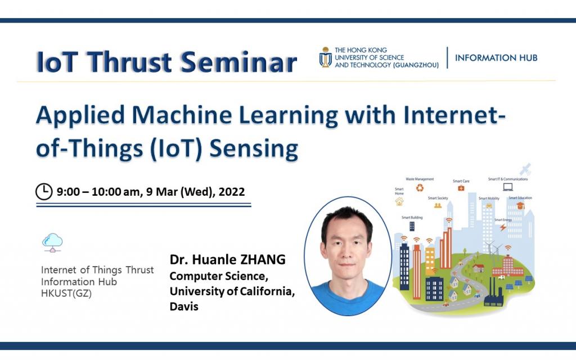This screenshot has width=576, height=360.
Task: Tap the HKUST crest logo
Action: (x=325, y=57)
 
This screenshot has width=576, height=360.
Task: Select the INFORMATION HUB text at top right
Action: (x=496, y=57)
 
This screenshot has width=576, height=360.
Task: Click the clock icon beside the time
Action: (x=44, y=192)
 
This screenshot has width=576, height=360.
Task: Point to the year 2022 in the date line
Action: (x=232, y=192)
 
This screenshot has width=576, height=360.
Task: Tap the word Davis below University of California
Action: (x=184, y=307)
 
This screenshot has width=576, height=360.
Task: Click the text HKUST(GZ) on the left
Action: (x=66, y=293)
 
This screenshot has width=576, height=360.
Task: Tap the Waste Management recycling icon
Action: (x=420, y=188)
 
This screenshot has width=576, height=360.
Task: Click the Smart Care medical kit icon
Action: (x=461, y=188)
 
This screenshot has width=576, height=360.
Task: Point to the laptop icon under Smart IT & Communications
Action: (x=507, y=187)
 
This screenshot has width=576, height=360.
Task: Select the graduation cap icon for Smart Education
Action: (x=520, y=206)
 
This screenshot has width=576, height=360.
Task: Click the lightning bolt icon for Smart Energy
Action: (x=503, y=227)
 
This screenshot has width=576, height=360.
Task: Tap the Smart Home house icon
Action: (x=399, y=201)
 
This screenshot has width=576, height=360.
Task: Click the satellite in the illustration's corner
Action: (x=525, y=169)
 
